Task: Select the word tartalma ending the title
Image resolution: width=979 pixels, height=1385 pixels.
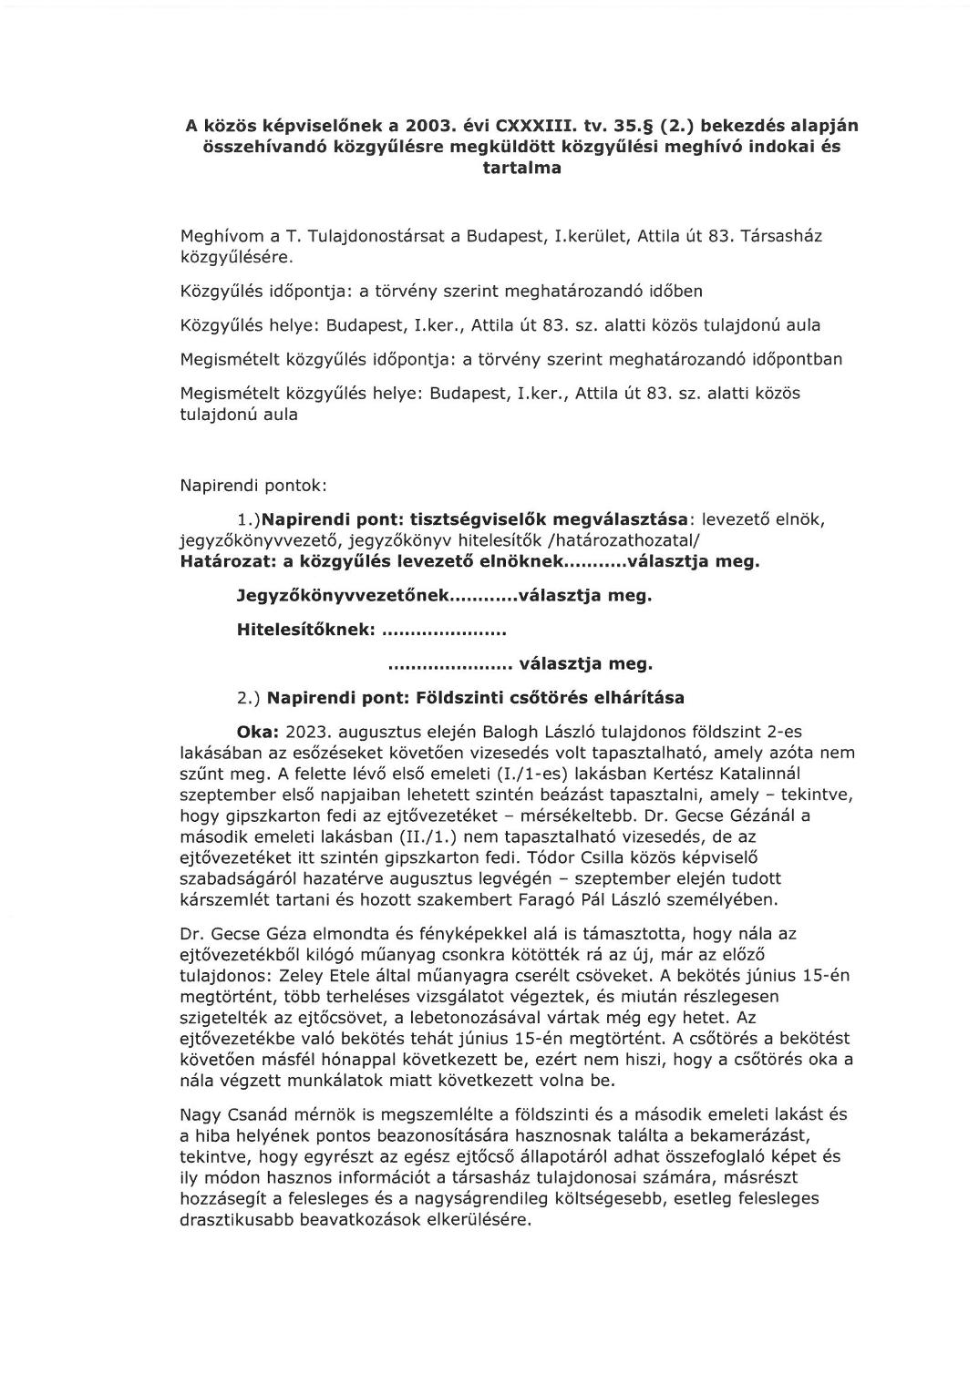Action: click(x=521, y=168)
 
